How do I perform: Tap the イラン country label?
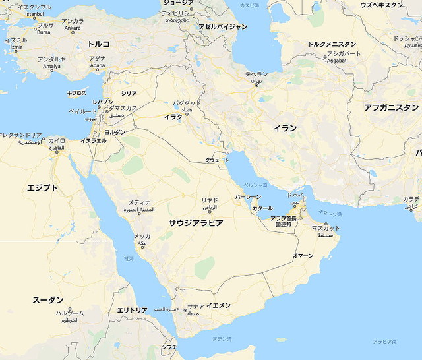[x=285, y=128]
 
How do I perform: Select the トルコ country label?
[x=99, y=44]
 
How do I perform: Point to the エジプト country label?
[x=43, y=188]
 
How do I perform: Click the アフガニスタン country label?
[x=391, y=107]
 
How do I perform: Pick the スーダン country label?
[x=48, y=300]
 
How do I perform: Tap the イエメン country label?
[x=218, y=305]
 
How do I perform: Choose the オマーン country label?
[x=303, y=255]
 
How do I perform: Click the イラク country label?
[x=173, y=117]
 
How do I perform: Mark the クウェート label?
[x=217, y=160]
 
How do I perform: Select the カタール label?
[x=262, y=208]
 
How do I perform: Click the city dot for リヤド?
[x=210, y=211]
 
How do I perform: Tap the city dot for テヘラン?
[x=256, y=84]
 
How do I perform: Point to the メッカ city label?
[x=142, y=236]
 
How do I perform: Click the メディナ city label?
[x=139, y=202]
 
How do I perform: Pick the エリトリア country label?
[x=132, y=310]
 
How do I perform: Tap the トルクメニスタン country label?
[x=332, y=45]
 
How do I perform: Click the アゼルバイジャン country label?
[x=223, y=27]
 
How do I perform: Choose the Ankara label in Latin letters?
[x=72, y=28]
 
